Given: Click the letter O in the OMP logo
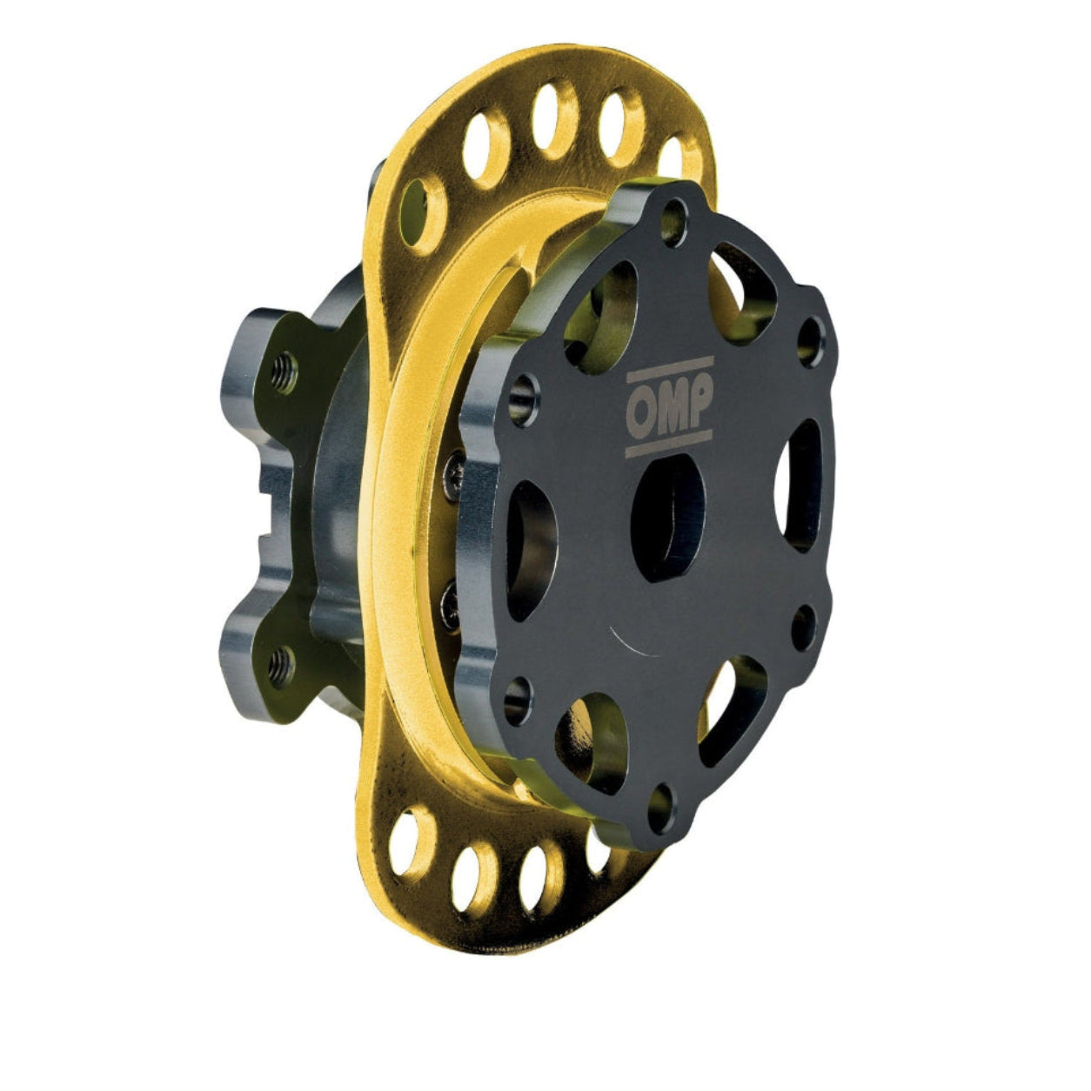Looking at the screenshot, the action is point(643,408).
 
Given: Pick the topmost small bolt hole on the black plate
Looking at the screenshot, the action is point(673,221).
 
